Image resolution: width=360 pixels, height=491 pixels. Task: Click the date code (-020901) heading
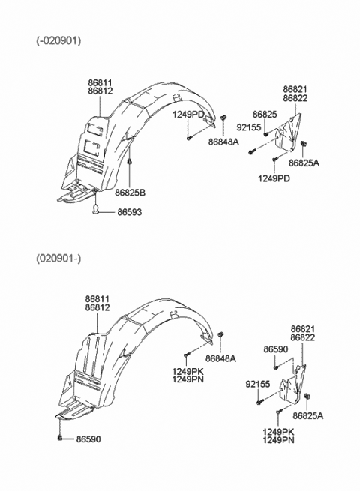(x=58, y=40)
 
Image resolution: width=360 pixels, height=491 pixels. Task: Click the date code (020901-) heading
(x=58, y=259)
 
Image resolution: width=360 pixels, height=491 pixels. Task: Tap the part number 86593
(x=130, y=212)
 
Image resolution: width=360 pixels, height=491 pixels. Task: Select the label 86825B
(x=130, y=193)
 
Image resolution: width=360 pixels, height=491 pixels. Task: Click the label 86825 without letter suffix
(x=265, y=115)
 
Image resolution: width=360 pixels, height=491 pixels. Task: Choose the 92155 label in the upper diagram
(x=249, y=127)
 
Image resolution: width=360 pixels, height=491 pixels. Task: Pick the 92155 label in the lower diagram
(x=257, y=384)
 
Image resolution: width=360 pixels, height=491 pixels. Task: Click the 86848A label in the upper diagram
(x=223, y=142)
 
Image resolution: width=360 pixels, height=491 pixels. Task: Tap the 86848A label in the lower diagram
(x=220, y=358)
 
